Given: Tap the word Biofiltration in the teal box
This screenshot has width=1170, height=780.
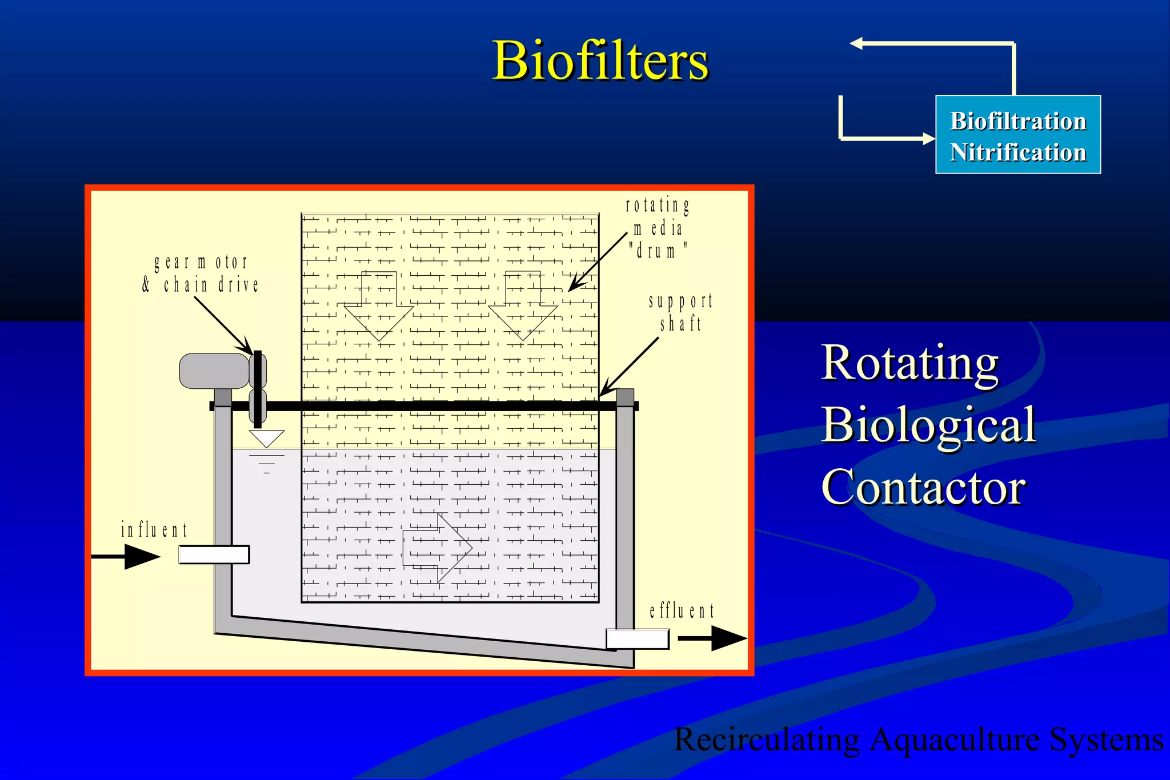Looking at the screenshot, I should pyautogui.click(x=1018, y=121).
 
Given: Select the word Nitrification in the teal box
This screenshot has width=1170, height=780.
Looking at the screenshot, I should pyautogui.click(x=1018, y=152).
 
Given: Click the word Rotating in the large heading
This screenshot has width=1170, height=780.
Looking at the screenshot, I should pyautogui.click(x=910, y=363).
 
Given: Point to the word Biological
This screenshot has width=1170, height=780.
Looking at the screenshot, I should pyautogui.click(x=928, y=425).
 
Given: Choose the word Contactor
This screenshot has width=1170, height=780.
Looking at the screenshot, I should pyautogui.click(x=923, y=487).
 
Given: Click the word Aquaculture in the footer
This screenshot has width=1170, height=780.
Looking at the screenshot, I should pyautogui.click(x=955, y=739).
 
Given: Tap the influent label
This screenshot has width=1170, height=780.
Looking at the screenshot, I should pyautogui.click(x=154, y=530).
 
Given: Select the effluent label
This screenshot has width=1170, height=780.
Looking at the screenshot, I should pyautogui.click(x=682, y=611).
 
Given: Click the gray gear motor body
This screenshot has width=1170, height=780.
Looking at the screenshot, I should pyautogui.click(x=213, y=371).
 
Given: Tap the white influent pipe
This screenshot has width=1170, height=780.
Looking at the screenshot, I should pyautogui.click(x=214, y=554).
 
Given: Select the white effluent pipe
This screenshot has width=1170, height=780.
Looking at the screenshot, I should pyautogui.click(x=637, y=639).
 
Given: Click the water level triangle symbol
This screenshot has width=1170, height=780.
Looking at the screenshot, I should pyautogui.click(x=266, y=438).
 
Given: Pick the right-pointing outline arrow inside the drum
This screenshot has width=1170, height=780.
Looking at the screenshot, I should pyautogui.click(x=438, y=548).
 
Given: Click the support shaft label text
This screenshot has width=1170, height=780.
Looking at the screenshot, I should pyautogui.click(x=680, y=312).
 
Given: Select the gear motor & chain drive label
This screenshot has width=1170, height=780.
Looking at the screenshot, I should pyautogui.click(x=201, y=274).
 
